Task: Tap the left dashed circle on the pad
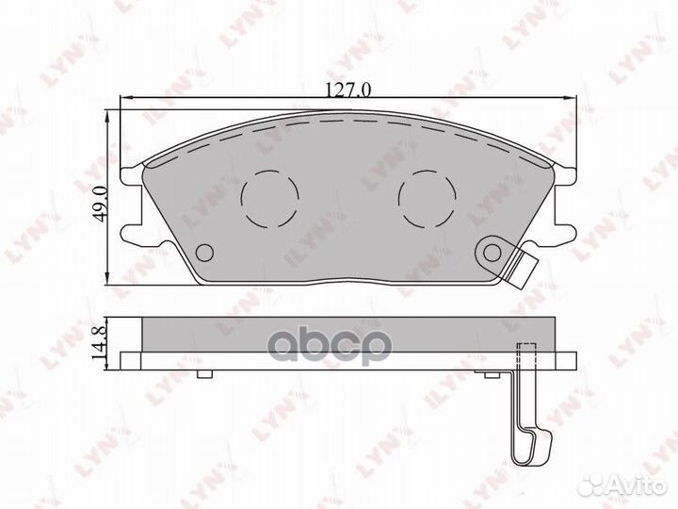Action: point(269,196)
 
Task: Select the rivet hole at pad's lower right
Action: point(491,251)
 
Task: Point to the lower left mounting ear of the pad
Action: point(135,229)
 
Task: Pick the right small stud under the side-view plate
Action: point(492,375)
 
